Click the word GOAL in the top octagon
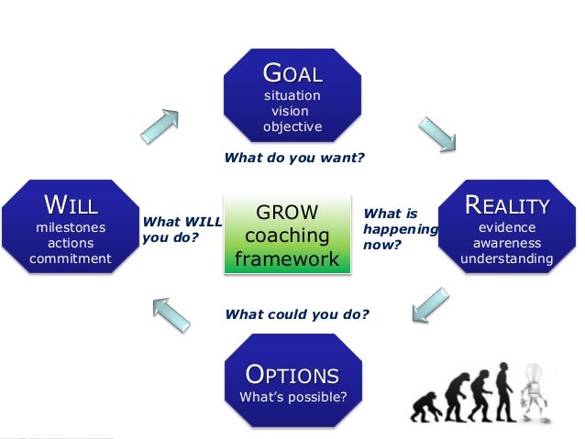[292, 72]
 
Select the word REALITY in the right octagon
[506, 204]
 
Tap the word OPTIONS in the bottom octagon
[292, 375]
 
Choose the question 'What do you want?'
[293, 158]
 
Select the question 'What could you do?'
[296, 314]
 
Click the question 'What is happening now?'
[400, 229]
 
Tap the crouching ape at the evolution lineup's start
[424, 409]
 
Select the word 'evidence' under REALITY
[506, 226]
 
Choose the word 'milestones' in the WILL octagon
[71, 226]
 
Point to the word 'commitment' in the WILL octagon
[71, 259]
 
